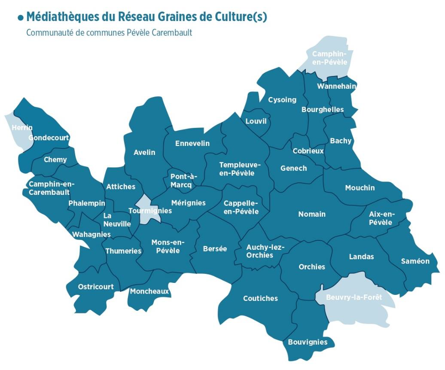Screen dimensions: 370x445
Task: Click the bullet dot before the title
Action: pos(21,18)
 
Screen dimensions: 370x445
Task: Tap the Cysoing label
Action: pos(282,100)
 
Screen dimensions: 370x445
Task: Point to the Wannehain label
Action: pos(336,86)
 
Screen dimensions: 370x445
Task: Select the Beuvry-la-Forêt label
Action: pos(354,297)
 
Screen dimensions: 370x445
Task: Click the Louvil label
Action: pos(256,121)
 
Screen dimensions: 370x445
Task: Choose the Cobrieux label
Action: pos(308,151)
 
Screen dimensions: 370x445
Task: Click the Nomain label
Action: pos(312,214)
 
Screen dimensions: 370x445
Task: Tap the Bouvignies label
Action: pos(308,342)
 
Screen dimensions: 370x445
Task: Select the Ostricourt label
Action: pos(96,286)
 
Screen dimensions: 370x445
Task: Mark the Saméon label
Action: pos(415,261)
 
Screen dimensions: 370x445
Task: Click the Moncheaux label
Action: pos(149,291)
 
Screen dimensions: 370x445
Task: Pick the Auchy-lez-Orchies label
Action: pos(265,251)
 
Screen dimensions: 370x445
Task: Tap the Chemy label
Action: pos(55,160)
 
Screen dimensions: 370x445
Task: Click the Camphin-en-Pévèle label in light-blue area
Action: pos(329,58)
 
